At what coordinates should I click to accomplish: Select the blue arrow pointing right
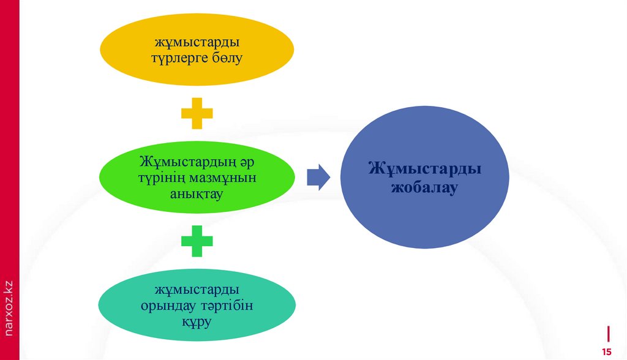pos(318,177)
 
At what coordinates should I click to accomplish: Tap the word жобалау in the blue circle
pos(424,187)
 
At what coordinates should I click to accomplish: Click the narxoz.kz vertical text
pos(9,306)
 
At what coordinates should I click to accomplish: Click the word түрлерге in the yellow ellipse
pos(178,59)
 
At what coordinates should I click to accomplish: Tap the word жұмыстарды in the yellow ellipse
pos(197,43)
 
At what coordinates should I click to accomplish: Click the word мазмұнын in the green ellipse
pos(223,178)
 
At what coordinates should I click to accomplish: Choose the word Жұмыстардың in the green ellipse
pos(181,162)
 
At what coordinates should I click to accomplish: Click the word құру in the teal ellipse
pos(197,320)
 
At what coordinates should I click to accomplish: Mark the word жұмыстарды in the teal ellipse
pos(197,289)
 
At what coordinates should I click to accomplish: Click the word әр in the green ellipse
pos(238,162)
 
